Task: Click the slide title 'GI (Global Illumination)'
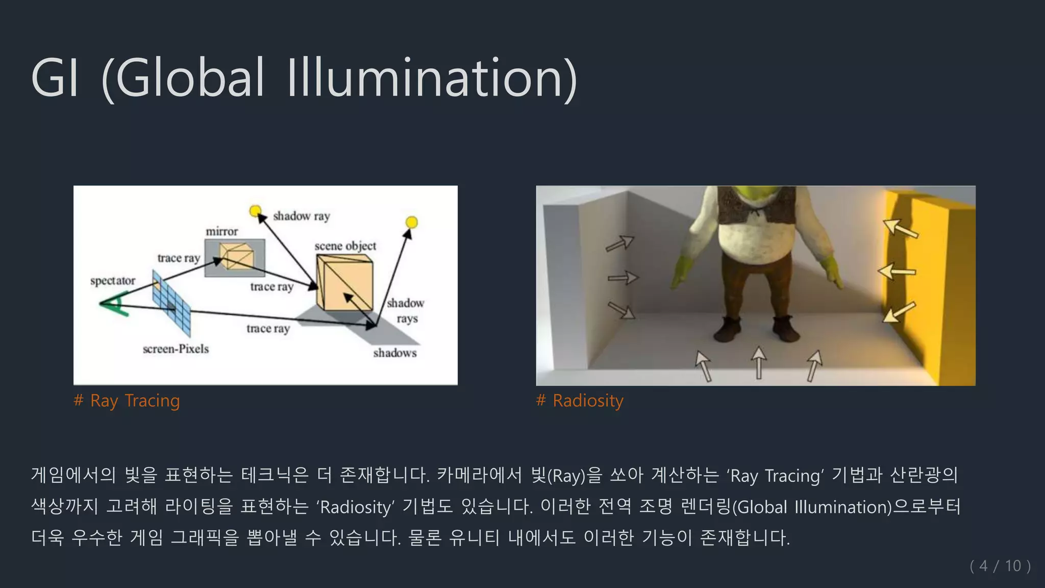click(x=304, y=78)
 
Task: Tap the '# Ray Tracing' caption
click(x=127, y=401)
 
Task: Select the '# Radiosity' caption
click(x=580, y=401)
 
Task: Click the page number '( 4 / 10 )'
click(x=1000, y=566)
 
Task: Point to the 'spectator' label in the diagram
click(x=113, y=281)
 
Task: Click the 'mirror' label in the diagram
click(x=222, y=232)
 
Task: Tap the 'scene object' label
click(x=345, y=246)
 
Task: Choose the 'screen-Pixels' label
click(x=176, y=349)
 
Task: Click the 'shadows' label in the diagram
click(x=395, y=353)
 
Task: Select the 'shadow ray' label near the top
click(x=302, y=216)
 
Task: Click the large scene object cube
click(x=344, y=282)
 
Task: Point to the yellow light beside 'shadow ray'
click(x=255, y=210)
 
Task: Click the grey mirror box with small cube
click(x=235, y=257)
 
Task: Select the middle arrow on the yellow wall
click(x=897, y=271)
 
